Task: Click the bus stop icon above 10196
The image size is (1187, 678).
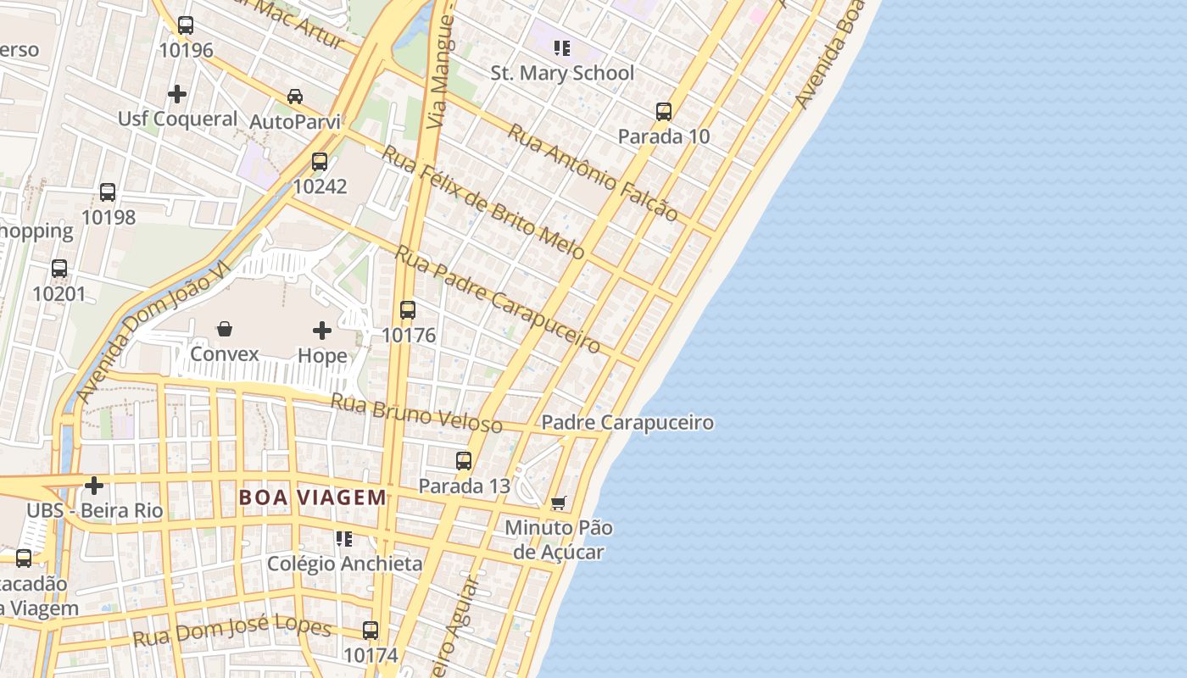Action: point(186,25)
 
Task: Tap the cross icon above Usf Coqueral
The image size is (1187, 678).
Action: point(177,93)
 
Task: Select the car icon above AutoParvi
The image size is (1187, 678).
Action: point(295,96)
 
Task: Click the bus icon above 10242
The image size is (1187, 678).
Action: point(320,161)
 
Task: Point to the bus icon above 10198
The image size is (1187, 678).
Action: point(108,192)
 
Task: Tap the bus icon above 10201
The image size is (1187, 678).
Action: point(59,269)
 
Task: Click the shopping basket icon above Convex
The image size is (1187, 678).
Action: point(225,328)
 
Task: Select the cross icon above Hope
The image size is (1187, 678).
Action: point(322,330)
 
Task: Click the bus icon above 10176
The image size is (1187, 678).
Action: point(408,309)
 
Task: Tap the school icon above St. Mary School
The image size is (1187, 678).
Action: point(561,47)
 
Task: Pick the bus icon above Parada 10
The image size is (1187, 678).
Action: point(664,111)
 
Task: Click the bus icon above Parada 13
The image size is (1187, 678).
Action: point(464,460)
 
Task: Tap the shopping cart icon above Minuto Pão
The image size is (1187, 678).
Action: point(558,503)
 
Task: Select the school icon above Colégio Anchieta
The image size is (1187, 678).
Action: point(344,538)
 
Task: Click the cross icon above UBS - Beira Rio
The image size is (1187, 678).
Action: point(94,486)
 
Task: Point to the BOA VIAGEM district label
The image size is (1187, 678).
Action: point(313,497)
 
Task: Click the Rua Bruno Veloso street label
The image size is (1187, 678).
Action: point(415,412)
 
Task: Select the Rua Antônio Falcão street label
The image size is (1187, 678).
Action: point(593,173)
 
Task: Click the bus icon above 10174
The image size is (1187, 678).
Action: point(371,630)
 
